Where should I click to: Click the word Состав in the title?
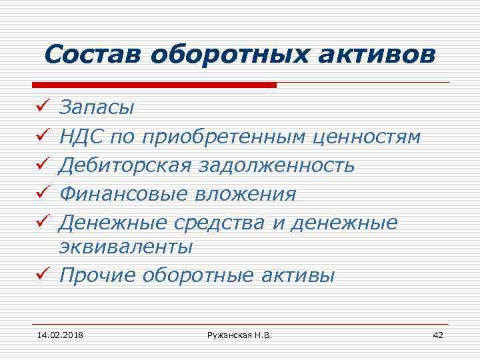(93, 55)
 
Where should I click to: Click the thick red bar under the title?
(154, 85)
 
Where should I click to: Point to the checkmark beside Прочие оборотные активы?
(41, 275)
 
